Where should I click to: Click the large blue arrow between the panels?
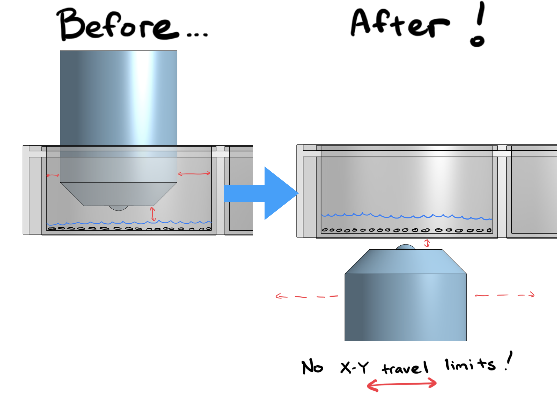click(268, 193)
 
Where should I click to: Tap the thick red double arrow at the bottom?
click(402, 384)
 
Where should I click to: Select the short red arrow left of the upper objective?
click(53, 175)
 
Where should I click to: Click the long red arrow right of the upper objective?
click(194, 174)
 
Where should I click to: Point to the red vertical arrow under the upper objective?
click(153, 214)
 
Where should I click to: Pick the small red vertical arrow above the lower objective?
click(427, 243)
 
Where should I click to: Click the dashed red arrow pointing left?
click(306, 297)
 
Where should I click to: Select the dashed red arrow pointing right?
click(504, 295)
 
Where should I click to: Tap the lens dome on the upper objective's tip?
click(119, 208)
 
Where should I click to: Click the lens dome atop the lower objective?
click(405, 247)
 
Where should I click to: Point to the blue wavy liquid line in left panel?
click(129, 223)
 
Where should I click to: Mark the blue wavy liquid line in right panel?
click(406, 216)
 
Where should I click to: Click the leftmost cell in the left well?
click(52, 229)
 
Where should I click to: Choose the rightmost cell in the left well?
click(208, 228)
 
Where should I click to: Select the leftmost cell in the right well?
click(325, 230)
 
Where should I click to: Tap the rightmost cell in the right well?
click(489, 230)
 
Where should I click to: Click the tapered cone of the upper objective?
click(119, 194)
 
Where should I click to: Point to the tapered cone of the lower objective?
click(405, 262)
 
